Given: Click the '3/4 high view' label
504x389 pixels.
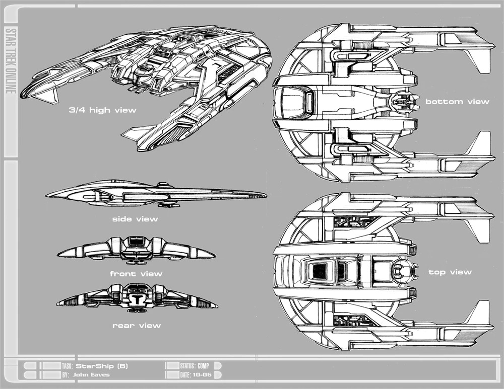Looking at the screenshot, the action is pyautogui.click(x=102, y=110).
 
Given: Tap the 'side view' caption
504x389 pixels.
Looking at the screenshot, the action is pyautogui.click(x=135, y=219).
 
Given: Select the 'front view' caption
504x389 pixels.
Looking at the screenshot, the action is pyautogui.click(x=136, y=274).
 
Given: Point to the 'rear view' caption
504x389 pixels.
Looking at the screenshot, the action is pyautogui.click(x=137, y=326).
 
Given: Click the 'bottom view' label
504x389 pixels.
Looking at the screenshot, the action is pyautogui.click(x=457, y=102).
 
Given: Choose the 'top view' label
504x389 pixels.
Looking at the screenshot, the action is pyautogui.click(x=450, y=272).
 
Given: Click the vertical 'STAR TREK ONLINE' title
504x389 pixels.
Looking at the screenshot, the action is pyautogui.click(x=11, y=61).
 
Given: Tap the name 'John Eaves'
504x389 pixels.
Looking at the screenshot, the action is pyautogui.click(x=91, y=374).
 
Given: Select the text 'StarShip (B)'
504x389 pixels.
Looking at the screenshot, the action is pyautogui.click(x=102, y=366).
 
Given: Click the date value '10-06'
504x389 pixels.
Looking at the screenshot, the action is pyautogui.click(x=202, y=374).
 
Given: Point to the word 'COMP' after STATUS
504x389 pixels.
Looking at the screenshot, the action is pyautogui.click(x=203, y=366).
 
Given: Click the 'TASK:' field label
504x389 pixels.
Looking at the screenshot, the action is pyautogui.click(x=68, y=366).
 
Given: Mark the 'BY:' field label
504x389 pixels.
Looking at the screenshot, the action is pyautogui.click(x=66, y=375).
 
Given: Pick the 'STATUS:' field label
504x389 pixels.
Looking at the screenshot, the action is pyautogui.click(x=187, y=366).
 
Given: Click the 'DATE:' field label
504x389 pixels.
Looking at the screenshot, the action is pyautogui.click(x=185, y=374).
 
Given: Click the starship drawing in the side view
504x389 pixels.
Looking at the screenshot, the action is pyautogui.click(x=156, y=194).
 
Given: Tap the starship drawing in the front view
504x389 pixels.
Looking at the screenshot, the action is pyautogui.click(x=136, y=250).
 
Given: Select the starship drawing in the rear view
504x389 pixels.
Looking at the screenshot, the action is pyautogui.click(x=137, y=298).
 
